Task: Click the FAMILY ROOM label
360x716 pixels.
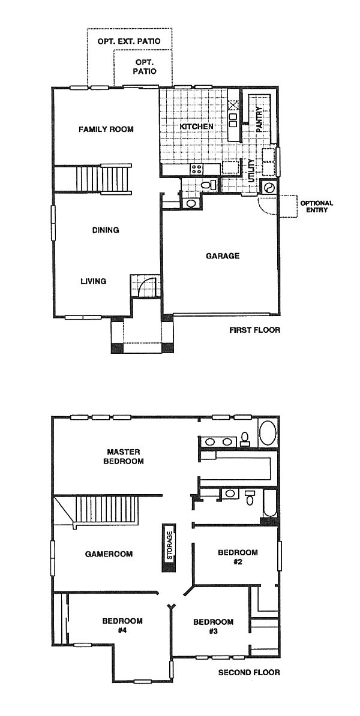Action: coord(106,129)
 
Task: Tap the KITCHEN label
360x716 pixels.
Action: coord(196,126)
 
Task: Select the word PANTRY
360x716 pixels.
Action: coord(259,120)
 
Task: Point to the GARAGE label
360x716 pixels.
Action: coord(223,256)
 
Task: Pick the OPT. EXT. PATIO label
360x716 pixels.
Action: coord(129,41)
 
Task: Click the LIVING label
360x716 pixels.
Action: coord(93,281)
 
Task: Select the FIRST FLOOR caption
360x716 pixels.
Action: coord(255,330)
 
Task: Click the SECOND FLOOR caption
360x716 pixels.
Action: coord(249,673)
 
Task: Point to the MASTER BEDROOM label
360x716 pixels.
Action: coord(125,456)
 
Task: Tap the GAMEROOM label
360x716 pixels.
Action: coord(109,554)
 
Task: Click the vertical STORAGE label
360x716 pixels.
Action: coord(169,546)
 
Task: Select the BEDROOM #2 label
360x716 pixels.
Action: coord(238,556)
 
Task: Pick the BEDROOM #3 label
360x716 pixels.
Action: coord(213,626)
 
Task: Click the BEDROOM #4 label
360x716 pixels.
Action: coord(122,625)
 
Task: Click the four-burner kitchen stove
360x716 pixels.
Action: coord(197,169)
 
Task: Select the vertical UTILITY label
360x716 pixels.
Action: coord(251,170)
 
